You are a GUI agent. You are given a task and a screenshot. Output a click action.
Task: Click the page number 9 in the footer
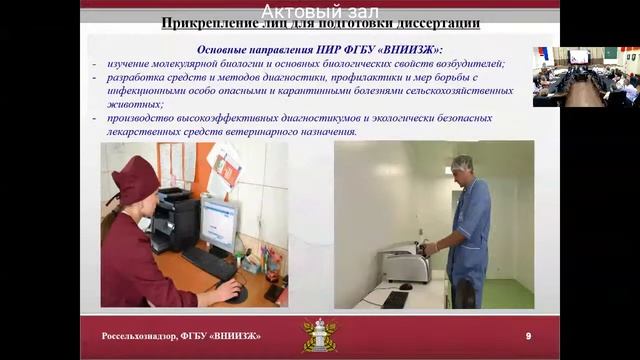click(x=528, y=335)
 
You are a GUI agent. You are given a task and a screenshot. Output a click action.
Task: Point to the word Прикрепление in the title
click(x=205, y=22)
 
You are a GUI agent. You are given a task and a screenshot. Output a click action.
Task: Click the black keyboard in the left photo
click(x=209, y=263)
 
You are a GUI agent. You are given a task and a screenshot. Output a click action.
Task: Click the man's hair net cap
click(x=461, y=162)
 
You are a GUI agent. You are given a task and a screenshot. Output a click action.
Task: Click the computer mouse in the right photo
click(x=406, y=286)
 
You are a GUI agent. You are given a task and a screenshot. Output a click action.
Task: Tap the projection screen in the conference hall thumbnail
click(x=579, y=56)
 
